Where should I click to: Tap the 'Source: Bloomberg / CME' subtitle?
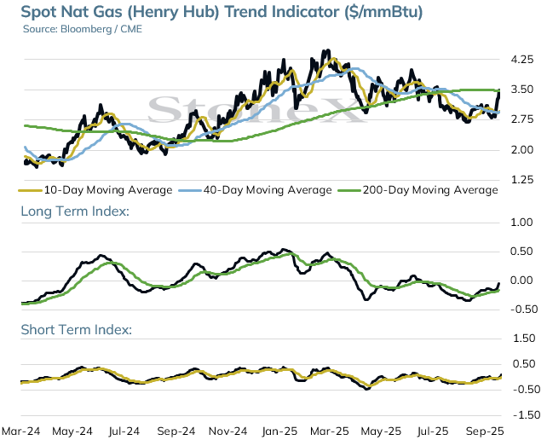tap(83, 29)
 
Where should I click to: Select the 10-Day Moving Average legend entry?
tap(95, 190)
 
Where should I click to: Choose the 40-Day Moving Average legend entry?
tap(255, 190)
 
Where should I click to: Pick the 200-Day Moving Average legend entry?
tap(418, 190)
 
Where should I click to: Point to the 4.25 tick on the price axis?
tap(522, 60)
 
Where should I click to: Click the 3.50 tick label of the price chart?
tap(522, 90)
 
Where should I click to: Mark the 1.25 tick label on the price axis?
tap(522, 180)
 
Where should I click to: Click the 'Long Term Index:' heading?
tap(75, 211)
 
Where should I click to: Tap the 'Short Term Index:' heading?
tap(77, 330)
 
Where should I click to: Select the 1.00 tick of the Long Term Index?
tap(521, 223)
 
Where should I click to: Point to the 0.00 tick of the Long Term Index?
tap(521, 281)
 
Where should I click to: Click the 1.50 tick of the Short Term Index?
tap(524, 339)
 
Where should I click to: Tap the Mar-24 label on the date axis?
tap(21, 431)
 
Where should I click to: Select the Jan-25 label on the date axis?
tap(279, 431)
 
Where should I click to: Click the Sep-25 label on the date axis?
tap(485, 431)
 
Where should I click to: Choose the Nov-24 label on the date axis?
tap(227, 431)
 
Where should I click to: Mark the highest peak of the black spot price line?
tap(325, 51)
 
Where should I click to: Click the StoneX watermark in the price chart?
tap(256, 109)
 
